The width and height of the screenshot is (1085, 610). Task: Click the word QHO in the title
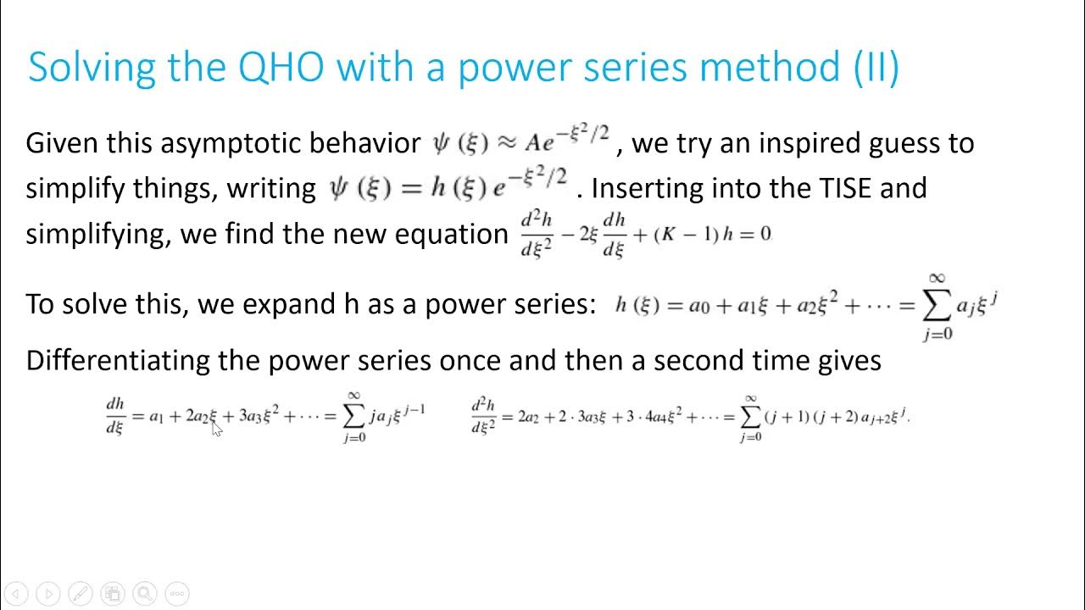click(281, 67)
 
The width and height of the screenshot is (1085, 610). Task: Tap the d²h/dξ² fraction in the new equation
click(537, 234)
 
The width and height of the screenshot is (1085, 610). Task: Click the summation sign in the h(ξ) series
click(938, 306)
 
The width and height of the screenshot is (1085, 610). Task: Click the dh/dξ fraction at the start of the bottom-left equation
click(115, 416)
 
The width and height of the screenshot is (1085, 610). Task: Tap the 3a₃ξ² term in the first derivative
click(259, 416)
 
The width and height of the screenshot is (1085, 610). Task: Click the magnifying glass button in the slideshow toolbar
click(144, 594)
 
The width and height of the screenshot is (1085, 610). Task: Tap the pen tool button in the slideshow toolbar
click(80, 594)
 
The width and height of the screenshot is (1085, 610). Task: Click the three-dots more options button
click(176, 594)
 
